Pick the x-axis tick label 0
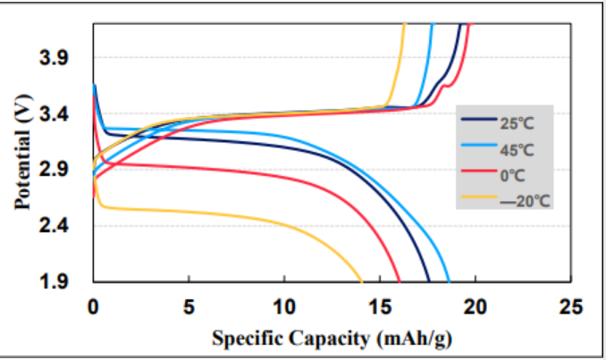(x=93, y=307)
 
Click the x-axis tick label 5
(x=189, y=307)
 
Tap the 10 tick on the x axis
(x=283, y=307)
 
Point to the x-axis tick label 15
(x=379, y=307)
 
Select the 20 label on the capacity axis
(x=475, y=307)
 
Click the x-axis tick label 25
(x=570, y=307)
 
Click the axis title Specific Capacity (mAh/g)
(x=331, y=339)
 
